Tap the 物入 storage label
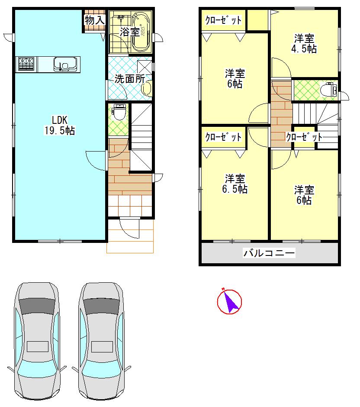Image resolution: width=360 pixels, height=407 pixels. coord(94,20)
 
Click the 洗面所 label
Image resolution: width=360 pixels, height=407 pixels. coord(129,79)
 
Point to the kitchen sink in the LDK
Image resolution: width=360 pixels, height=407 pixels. coord(64,65)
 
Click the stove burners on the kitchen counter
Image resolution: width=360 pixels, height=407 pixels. coord(26,65)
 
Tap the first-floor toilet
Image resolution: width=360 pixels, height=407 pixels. coord(118,112)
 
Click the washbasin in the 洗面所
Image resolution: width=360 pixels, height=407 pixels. coord(146,89)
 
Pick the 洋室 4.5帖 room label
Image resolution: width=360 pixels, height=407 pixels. coord(304,44)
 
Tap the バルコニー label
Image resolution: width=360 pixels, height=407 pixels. coord(269,253)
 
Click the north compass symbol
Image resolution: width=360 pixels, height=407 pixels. coord(229,301)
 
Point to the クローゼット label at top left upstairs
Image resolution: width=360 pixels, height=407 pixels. coord(223,20)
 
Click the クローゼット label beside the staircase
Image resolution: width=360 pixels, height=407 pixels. coord(304,137)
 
